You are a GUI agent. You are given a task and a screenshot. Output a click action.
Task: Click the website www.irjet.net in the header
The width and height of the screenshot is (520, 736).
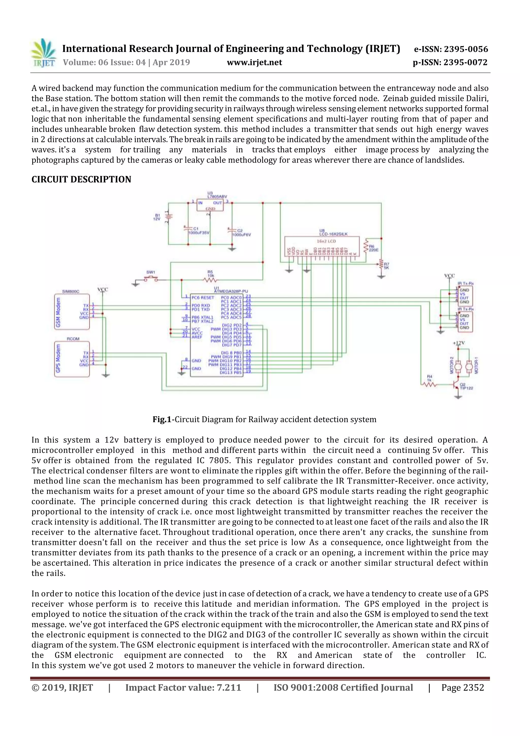click(x=254, y=62)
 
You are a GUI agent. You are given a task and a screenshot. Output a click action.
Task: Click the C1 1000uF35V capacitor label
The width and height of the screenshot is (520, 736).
click(x=199, y=231)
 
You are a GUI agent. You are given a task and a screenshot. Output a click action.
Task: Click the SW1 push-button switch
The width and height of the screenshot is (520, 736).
click(x=151, y=279)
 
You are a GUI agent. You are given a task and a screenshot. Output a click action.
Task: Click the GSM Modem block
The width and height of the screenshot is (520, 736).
click(x=72, y=311)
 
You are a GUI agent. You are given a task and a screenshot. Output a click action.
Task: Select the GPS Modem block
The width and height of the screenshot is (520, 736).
click(x=72, y=359)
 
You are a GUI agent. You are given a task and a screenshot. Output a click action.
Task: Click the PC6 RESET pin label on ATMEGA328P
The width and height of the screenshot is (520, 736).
click(x=203, y=297)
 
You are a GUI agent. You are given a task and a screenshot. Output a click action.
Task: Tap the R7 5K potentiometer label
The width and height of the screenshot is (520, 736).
click(x=386, y=266)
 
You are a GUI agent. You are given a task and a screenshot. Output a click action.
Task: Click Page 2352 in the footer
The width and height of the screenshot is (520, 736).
click(x=462, y=687)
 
